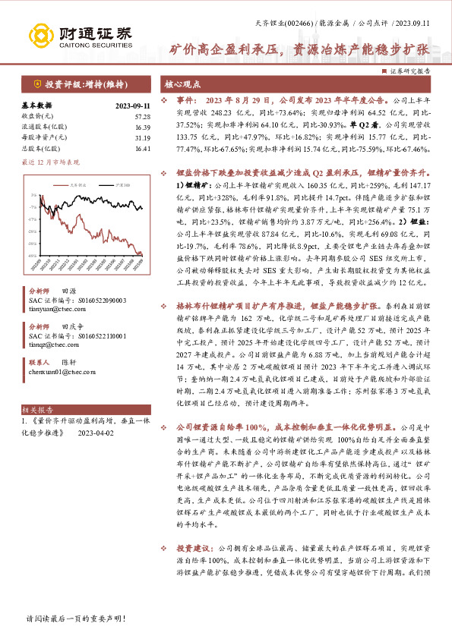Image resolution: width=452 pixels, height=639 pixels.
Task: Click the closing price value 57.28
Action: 142,116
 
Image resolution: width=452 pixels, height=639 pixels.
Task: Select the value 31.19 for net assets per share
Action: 142,137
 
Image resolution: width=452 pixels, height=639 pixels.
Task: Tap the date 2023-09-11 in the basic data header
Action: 133,105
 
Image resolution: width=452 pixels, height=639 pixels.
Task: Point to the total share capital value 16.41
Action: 142,148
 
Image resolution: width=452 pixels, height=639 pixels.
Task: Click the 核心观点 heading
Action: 183,84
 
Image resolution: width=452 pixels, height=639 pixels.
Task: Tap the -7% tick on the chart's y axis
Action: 33,206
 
